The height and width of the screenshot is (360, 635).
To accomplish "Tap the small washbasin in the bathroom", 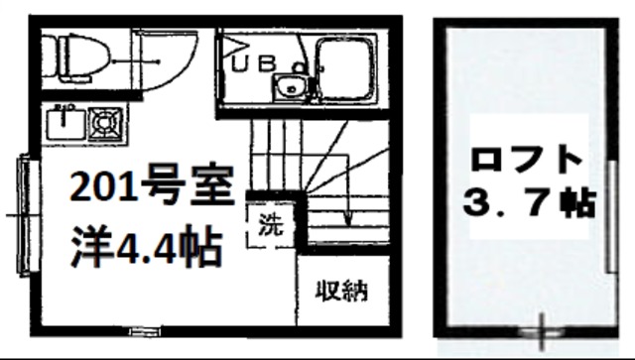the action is point(291,86).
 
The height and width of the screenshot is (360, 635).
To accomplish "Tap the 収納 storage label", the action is point(341,291).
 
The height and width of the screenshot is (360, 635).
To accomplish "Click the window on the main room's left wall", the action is point(22,213).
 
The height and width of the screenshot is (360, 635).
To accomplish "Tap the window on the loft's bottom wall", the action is point(542,324).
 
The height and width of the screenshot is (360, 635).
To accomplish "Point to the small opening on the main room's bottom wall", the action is point(142,328).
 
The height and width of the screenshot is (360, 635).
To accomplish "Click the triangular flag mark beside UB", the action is point(232,44).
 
